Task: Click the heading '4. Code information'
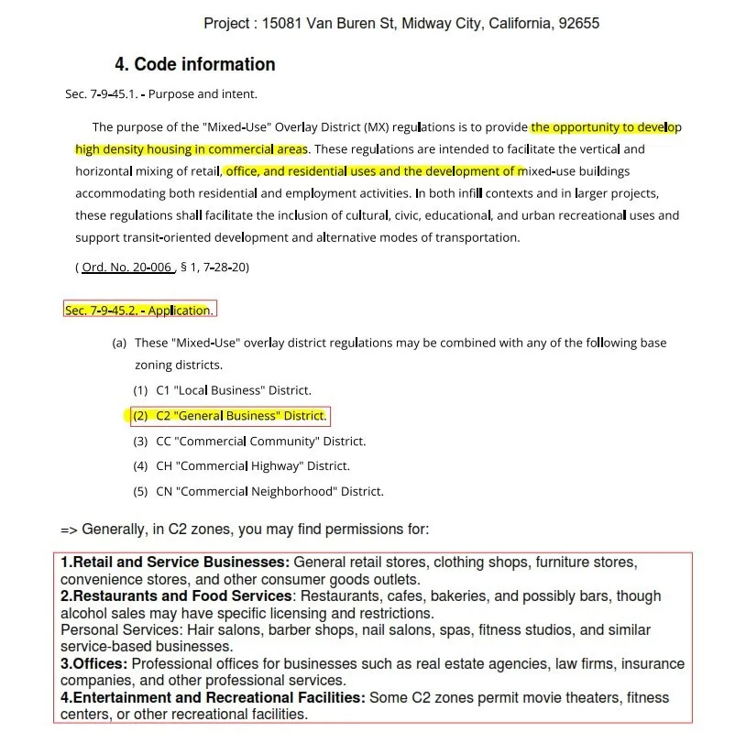click(194, 64)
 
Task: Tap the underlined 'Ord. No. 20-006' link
click(126, 268)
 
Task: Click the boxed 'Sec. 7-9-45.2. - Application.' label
click(139, 311)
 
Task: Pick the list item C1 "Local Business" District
click(233, 390)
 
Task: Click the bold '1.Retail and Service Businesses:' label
click(175, 563)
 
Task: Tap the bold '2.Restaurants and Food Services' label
click(177, 596)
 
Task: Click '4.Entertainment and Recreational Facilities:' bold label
click(213, 698)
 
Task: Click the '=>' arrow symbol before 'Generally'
click(70, 530)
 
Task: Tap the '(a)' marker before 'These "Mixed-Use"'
click(119, 343)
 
